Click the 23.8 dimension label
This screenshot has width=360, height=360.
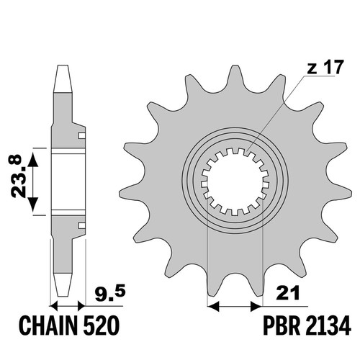17,176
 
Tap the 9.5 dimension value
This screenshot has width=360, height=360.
110,294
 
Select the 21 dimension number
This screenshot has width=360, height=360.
288,292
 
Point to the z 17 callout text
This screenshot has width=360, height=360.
325,67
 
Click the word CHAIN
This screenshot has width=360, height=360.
49,325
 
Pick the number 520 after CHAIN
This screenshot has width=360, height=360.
102,325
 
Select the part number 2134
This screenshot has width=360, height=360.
328,325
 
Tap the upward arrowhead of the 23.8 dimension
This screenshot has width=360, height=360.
33,160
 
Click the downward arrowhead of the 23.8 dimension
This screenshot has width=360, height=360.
33,204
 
